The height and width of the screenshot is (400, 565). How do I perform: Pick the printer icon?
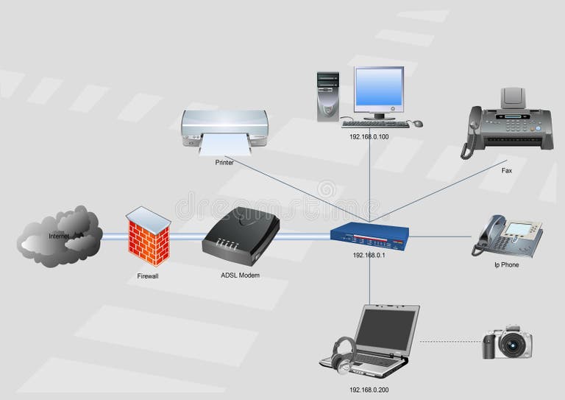pos(224,130)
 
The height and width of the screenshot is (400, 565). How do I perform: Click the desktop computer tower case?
pos(327,96)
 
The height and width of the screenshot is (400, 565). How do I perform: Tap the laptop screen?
pos(386,328)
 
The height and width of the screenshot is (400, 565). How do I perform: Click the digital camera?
pos(507,343)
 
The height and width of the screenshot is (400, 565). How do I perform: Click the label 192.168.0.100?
pos(369,136)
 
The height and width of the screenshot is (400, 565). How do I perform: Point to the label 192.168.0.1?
pos(369,255)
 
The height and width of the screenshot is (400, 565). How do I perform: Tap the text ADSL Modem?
pos(240,275)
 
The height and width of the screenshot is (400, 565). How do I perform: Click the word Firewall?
pos(148,276)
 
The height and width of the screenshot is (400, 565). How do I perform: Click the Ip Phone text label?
pos(506,264)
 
